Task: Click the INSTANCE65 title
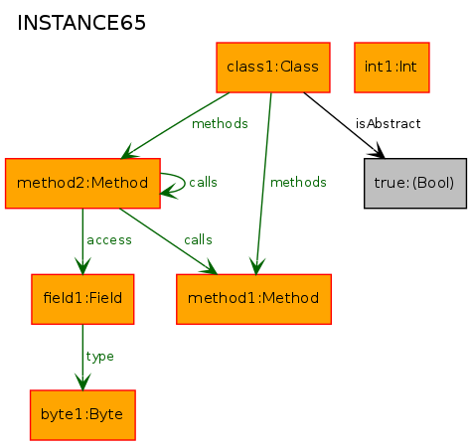pos(81,23)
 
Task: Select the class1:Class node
pos(273,68)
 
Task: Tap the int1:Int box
pos(392,68)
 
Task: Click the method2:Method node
pos(82,183)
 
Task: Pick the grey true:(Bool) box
pos(415,183)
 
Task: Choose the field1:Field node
pos(82,299)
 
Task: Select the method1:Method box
pos(253,299)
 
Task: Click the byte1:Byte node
pos(82,415)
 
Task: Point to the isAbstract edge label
pos(388,124)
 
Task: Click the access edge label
pos(109,240)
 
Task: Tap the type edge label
pos(99,357)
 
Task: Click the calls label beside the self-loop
pos(203,182)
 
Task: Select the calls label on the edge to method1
pos(198,239)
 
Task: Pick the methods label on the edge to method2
pos(220,124)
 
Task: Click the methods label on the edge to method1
pos(298,183)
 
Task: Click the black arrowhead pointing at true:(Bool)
pos(377,151)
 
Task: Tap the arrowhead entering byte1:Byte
pos(82,381)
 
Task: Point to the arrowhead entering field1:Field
pos(82,266)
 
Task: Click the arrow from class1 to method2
pos(175,126)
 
